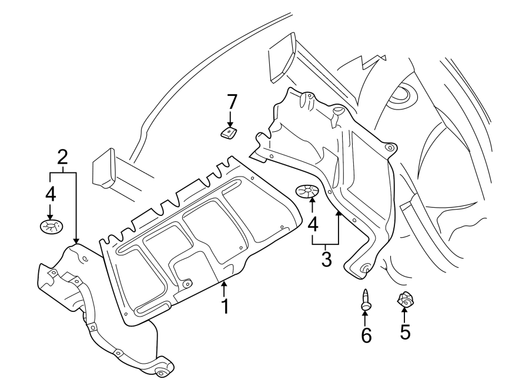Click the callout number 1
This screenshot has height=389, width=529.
pos(224,307)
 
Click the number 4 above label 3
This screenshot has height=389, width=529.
pos(313,224)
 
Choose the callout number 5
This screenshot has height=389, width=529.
pos(405,332)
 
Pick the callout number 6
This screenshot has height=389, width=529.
pos(366,335)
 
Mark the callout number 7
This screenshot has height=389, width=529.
pos(232,101)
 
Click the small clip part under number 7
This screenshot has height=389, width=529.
pos(228,133)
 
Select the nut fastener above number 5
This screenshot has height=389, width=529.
pos(404,301)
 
